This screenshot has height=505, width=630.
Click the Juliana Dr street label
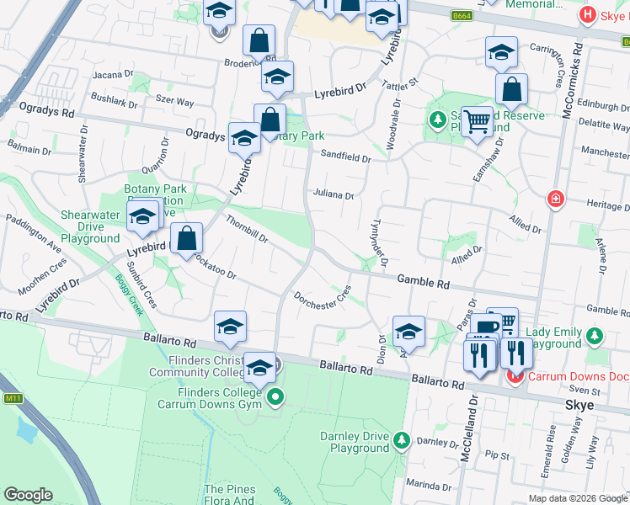click(x=334, y=194)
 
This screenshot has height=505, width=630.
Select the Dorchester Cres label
click(x=323, y=297)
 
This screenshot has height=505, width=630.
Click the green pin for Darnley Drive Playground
click(x=403, y=440)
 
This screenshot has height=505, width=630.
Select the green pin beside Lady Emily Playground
click(x=595, y=335)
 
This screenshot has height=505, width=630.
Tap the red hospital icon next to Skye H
click(x=587, y=14)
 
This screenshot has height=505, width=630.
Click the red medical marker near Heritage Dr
click(x=555, y=199)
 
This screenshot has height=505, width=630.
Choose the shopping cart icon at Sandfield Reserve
click(x=478, y=120)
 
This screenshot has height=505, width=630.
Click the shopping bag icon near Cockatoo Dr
click(x=187, y=238)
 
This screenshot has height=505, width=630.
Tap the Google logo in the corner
click(x=28, y=495)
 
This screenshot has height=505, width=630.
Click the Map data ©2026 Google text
click(x=577, y=498)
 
